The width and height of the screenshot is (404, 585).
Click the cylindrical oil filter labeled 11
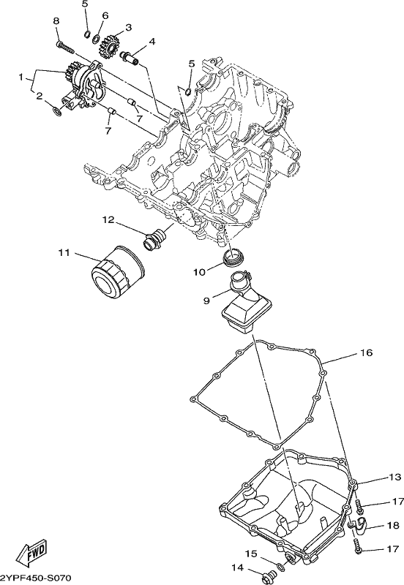[x=117, y=272]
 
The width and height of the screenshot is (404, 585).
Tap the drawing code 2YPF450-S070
[x=35, y=577]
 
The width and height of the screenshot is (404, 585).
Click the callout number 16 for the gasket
[x=366, y=352]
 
